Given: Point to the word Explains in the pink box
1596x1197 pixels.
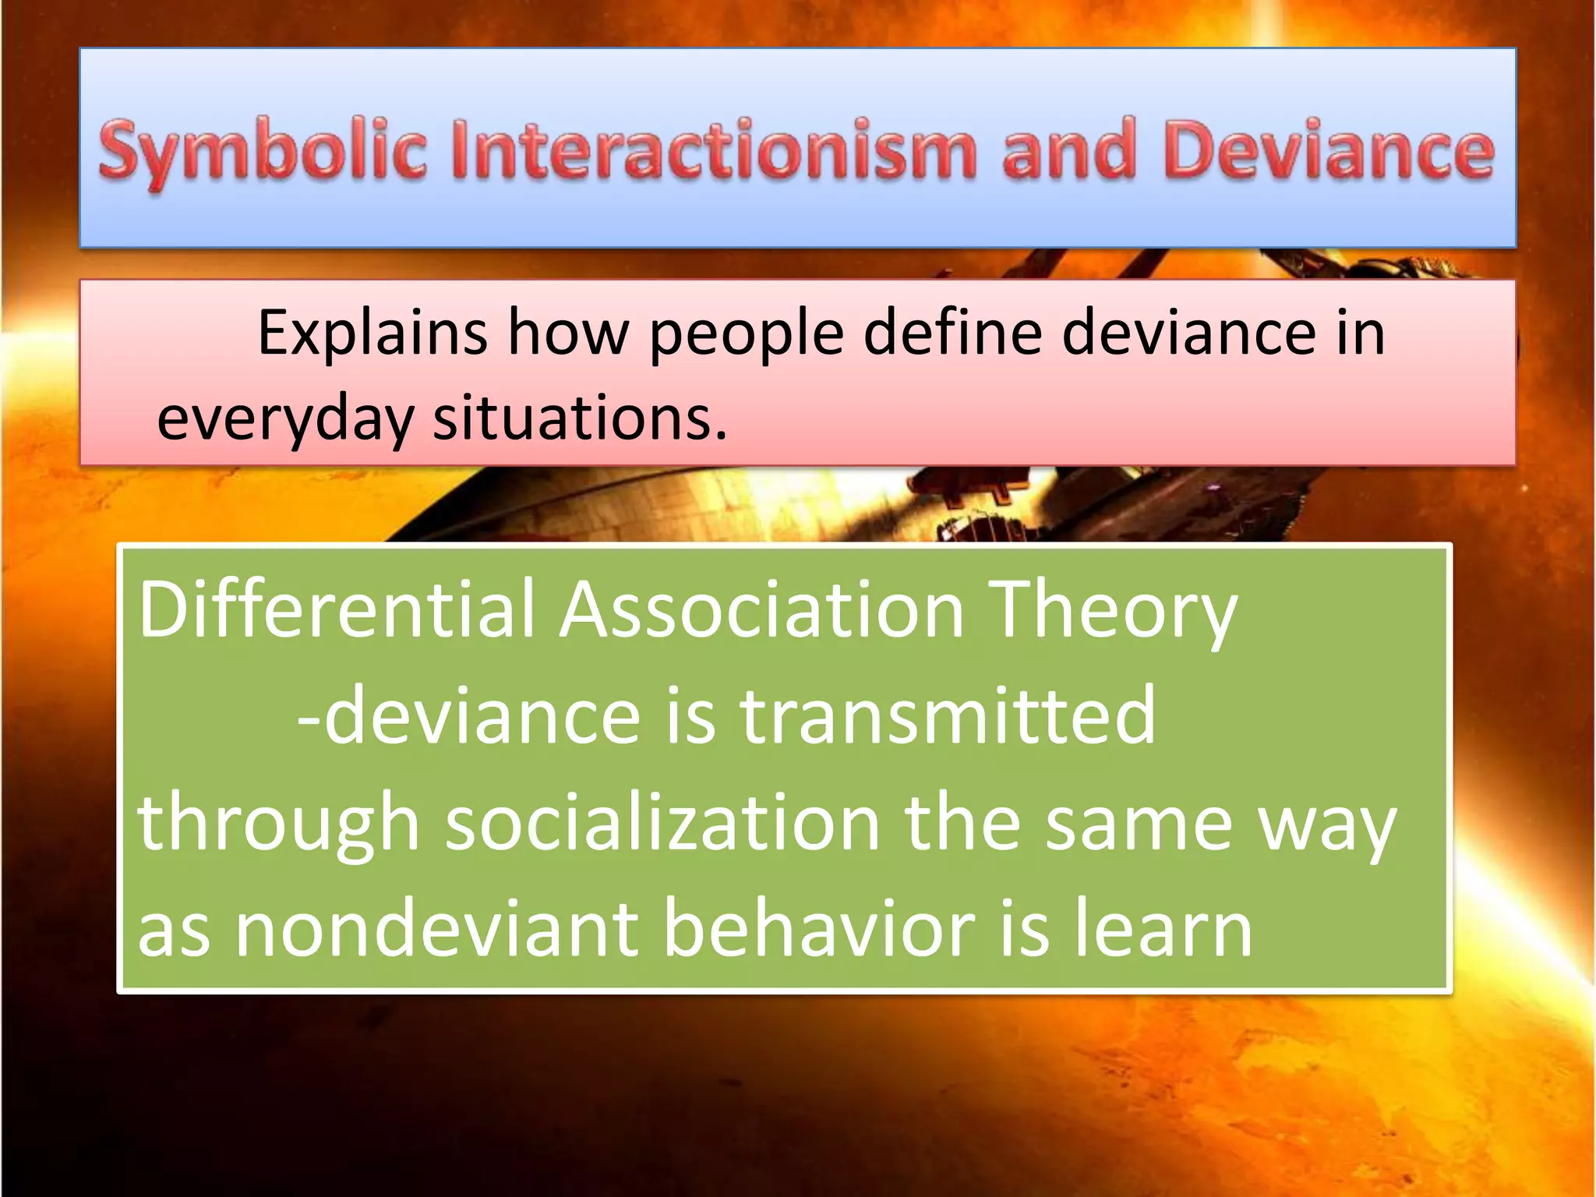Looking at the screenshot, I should [373, 334].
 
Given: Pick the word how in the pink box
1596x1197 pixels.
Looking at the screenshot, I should [568, 334].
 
